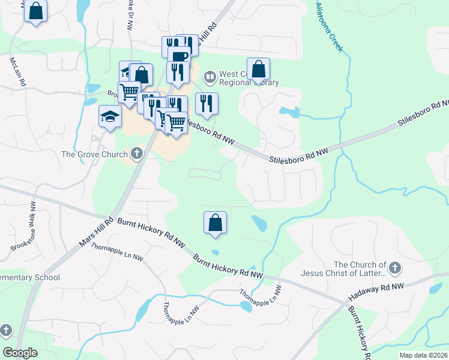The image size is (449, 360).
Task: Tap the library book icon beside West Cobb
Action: point(209,76)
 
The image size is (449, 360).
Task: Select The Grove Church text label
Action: point(94,154)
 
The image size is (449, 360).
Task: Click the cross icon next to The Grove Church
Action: point(136,154)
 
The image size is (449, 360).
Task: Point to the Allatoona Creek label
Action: point(330,26)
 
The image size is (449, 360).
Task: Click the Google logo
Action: point(20,353)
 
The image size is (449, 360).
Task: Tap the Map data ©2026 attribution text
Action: point(423,355)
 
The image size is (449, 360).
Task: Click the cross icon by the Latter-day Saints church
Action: point(394,267)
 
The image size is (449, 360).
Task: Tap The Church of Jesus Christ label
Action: point(360,269)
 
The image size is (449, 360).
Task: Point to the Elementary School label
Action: point(30,278)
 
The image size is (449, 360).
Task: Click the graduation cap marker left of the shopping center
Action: point(110,116)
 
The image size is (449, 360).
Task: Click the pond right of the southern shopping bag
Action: point(259,223)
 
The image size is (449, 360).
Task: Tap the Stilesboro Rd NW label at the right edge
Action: point(424,113)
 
